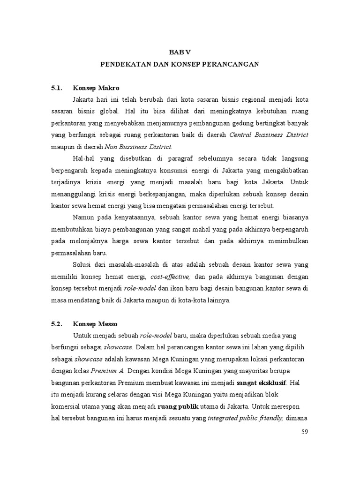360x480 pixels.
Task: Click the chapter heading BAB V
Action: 180,52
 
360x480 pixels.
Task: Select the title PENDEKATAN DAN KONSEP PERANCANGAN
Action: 180,64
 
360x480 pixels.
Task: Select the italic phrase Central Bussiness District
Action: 269,135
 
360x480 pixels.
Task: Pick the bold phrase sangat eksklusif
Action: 262,382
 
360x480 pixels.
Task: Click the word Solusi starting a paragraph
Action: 84,265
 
